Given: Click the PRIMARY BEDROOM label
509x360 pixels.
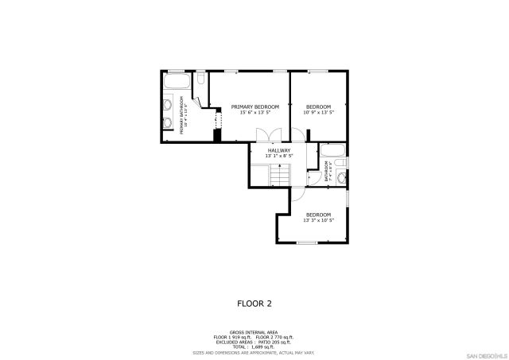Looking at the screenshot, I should [x=254, y=106].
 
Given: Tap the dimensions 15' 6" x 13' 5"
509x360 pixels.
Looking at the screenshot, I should [x=254, y=113].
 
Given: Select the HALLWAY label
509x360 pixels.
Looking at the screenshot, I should [x=278, y=150].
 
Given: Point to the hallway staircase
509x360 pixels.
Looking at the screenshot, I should [x=278, y=173].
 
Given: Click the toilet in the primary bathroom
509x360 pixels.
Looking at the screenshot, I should [x=200, y=79].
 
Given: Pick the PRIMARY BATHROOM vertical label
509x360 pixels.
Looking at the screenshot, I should [x=181, y=115].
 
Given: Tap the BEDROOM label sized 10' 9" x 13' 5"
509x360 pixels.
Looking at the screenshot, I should [x=318, y=106].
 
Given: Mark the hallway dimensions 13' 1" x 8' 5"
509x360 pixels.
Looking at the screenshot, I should [x=278, y=156].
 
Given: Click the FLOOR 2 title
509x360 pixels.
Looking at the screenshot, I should [x=254, y=303].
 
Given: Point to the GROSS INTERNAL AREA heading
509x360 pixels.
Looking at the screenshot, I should [x=254, y=332].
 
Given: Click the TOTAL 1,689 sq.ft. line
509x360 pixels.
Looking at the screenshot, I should [x=254, y=346].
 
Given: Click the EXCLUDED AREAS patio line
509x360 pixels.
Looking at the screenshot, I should [x=254, y=342].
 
